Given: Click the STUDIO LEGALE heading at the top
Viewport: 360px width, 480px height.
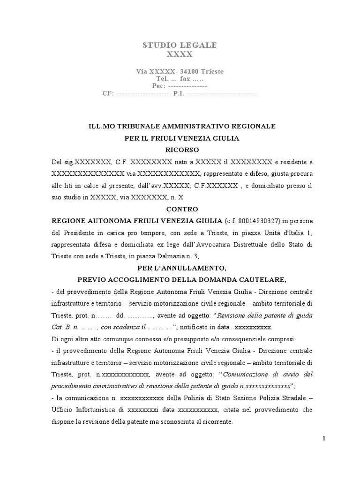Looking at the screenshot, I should pyautogui.click(x=180, y=45).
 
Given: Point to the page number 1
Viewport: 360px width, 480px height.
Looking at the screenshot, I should pyautogui.click(x=323, y=438).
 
